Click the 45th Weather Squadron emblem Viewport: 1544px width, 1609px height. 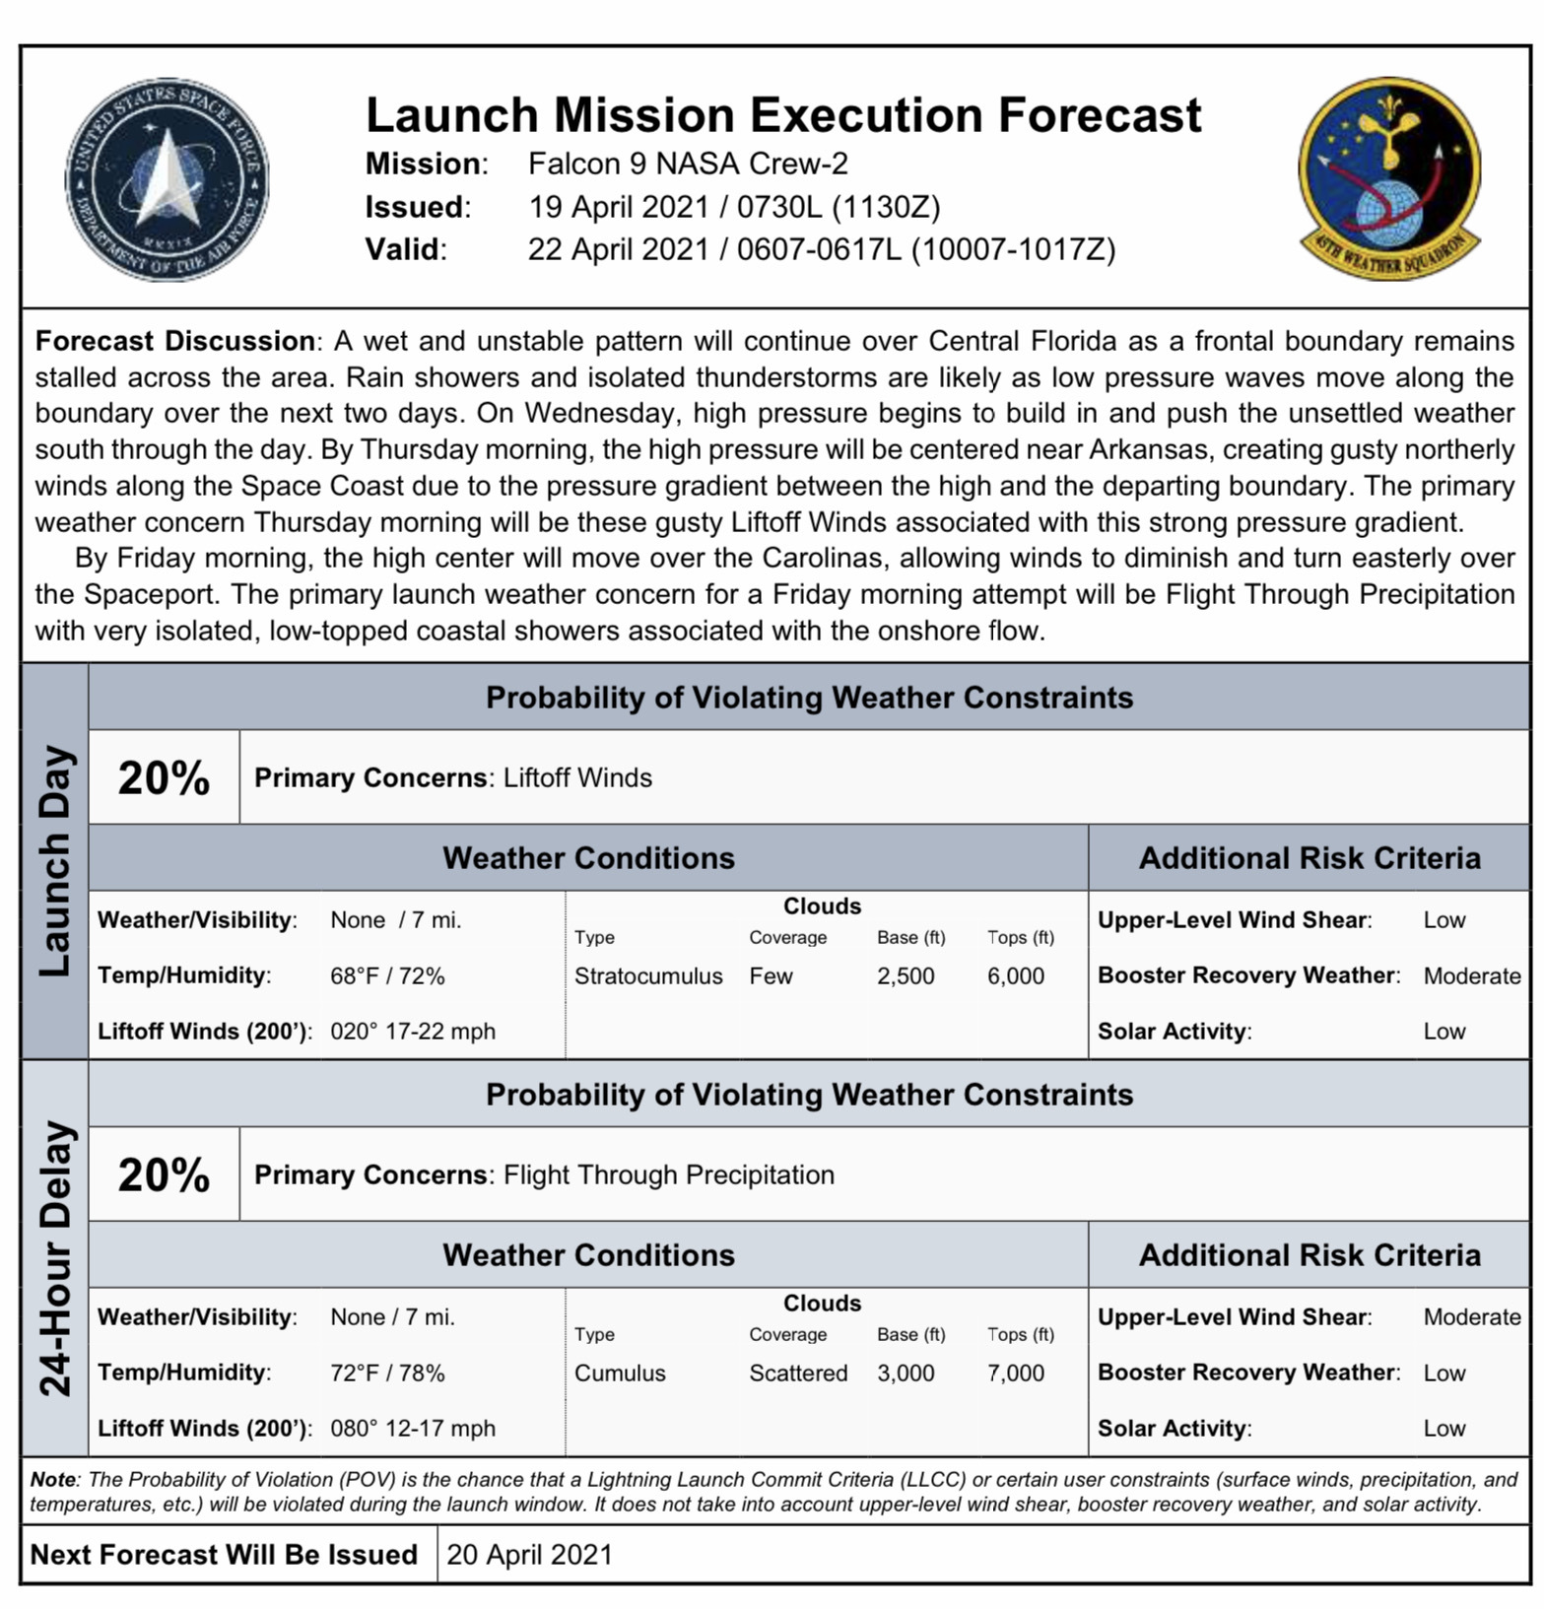click(x=1389, y=177)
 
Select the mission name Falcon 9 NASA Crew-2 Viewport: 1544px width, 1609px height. click(x=688, y=164)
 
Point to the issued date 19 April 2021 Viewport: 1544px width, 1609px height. click(x=618, y=207)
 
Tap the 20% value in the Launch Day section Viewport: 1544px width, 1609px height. click(x=164, y=777)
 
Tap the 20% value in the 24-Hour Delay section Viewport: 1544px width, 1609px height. click(x=164, y=1174)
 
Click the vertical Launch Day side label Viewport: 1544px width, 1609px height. click(x=55, y=861)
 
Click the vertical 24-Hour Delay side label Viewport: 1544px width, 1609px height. click(x=55, y=1257)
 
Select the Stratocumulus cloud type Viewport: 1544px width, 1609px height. click(x=648, y=976)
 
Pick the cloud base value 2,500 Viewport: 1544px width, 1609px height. click(x=906, y=976)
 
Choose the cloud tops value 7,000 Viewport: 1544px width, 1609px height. click(x=1016, y=1374)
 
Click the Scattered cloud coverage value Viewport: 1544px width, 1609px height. click(x=798, y=1374)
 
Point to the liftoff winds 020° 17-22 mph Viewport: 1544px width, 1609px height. click(x=413, y=1032)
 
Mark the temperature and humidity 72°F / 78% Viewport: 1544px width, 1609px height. click(x=387, y=1374)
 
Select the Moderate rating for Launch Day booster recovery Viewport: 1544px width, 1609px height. click(x=1472, y=976)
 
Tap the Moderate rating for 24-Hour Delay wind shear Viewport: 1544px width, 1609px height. click(x=1472, y=1317)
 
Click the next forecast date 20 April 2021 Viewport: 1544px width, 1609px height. click(x=529, y=1555)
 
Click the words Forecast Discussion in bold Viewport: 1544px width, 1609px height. click(x=175, y=342)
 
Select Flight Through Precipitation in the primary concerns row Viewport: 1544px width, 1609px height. click(x=668, y=1175)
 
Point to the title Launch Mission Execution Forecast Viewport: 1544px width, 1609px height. click(x=783, y=115)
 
